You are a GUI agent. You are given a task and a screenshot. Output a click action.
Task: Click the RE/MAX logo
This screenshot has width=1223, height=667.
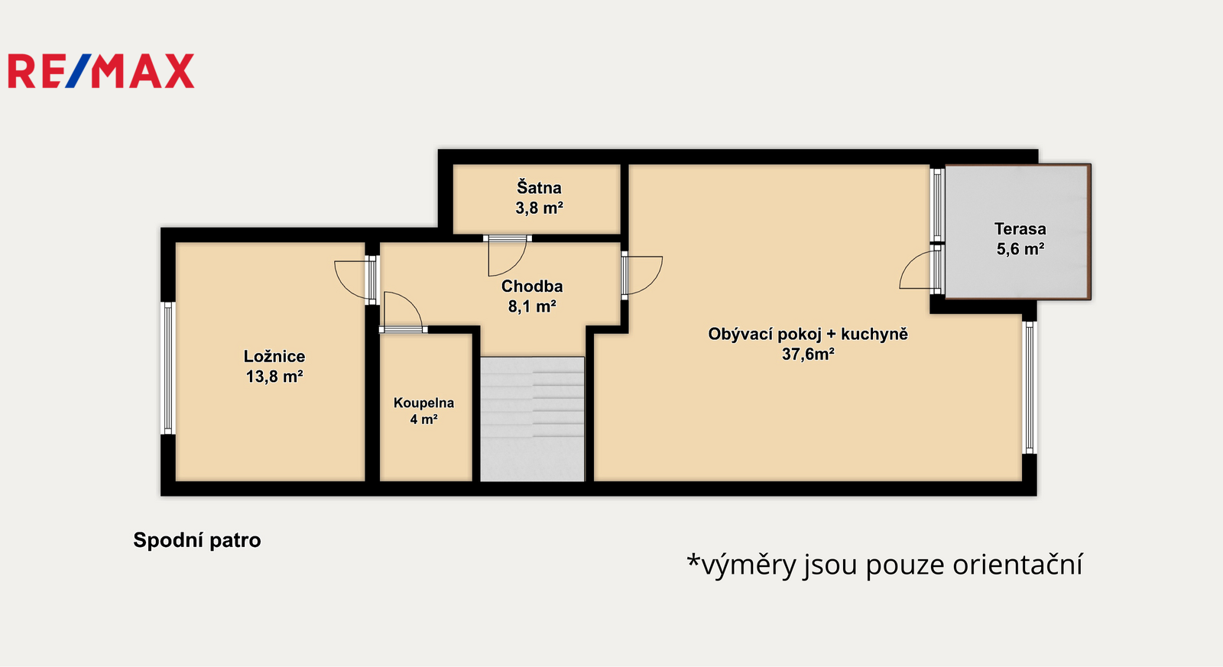pos(101,71)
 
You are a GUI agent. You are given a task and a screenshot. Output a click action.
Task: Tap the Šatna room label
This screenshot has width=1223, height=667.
pos(540,187)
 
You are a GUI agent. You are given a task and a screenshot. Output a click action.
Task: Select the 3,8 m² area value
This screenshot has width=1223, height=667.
pos(540,208)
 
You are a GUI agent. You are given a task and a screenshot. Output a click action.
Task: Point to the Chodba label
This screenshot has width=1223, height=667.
pos(532,286)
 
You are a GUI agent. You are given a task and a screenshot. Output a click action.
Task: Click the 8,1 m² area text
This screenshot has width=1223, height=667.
pos(532,306)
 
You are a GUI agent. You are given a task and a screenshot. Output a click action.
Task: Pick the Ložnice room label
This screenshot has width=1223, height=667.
pos(274,357)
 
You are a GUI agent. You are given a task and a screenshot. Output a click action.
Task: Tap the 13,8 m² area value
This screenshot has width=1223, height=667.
pos(274,377)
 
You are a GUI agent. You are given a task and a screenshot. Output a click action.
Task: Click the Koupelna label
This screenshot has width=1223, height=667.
pos(423,403)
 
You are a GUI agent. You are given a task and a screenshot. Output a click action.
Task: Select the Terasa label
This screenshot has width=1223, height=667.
pos(1020,228)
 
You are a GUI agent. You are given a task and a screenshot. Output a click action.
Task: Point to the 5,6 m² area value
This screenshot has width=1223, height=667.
pos(1020,249)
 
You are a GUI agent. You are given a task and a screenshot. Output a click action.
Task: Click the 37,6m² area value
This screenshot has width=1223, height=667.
pos(808,355)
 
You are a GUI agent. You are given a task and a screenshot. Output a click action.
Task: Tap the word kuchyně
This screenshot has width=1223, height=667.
pos(874,334)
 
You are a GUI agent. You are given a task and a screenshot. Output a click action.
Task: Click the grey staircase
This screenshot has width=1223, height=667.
pos(532,419)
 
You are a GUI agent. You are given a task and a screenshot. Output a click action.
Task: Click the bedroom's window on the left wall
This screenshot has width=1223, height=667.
pos(168,368)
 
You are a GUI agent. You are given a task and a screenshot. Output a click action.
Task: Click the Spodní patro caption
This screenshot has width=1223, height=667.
pos(197,540)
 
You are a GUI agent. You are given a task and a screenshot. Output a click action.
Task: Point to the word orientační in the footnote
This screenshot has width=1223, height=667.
pos(1017,565)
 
